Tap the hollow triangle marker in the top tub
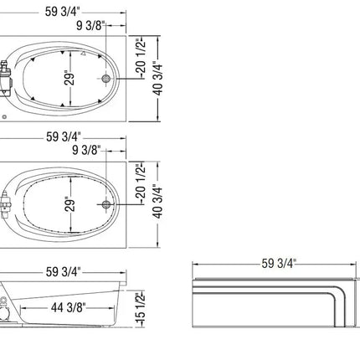[x=83, y=53]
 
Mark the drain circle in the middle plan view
[x=105, y=205]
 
